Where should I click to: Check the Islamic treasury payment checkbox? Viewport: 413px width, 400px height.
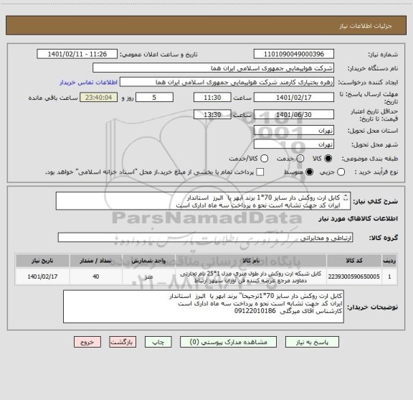[260, 172]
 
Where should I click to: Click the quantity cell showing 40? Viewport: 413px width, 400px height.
[96, 275]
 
